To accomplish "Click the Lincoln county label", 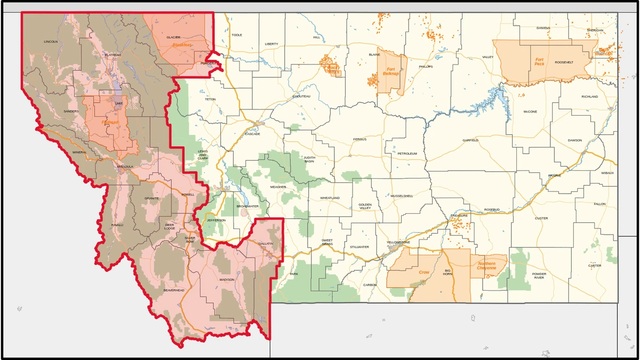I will click(x=51, y=41).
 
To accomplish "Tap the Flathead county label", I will click(x=113, y=55).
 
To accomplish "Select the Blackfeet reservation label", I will click(x=182, y=45).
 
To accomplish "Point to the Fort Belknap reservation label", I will click(x=391, y=71).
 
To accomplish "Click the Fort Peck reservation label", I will click(x=540, y=62).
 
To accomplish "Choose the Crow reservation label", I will click(x=424, y=272).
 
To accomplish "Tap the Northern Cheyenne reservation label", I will click(x=486, y=266).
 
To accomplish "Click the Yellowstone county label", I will click(x=398, y=242).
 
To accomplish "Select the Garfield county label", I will click(x=470, y=140).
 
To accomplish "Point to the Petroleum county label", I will click(x=407, y=154).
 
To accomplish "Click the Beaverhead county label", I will click(x=174, y=290).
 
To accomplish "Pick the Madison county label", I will click(x=227, y=279).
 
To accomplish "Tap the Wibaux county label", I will click(x=607, y=173).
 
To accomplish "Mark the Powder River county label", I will click(x=539, y=276).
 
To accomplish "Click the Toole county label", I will click(x=237, y=35).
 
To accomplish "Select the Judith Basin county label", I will click(x=309, y=159).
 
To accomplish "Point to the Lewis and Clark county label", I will click(x=203, y=155).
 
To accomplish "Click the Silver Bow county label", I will click(x=190, y=239).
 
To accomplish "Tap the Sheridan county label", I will click(x=595, y=30).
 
